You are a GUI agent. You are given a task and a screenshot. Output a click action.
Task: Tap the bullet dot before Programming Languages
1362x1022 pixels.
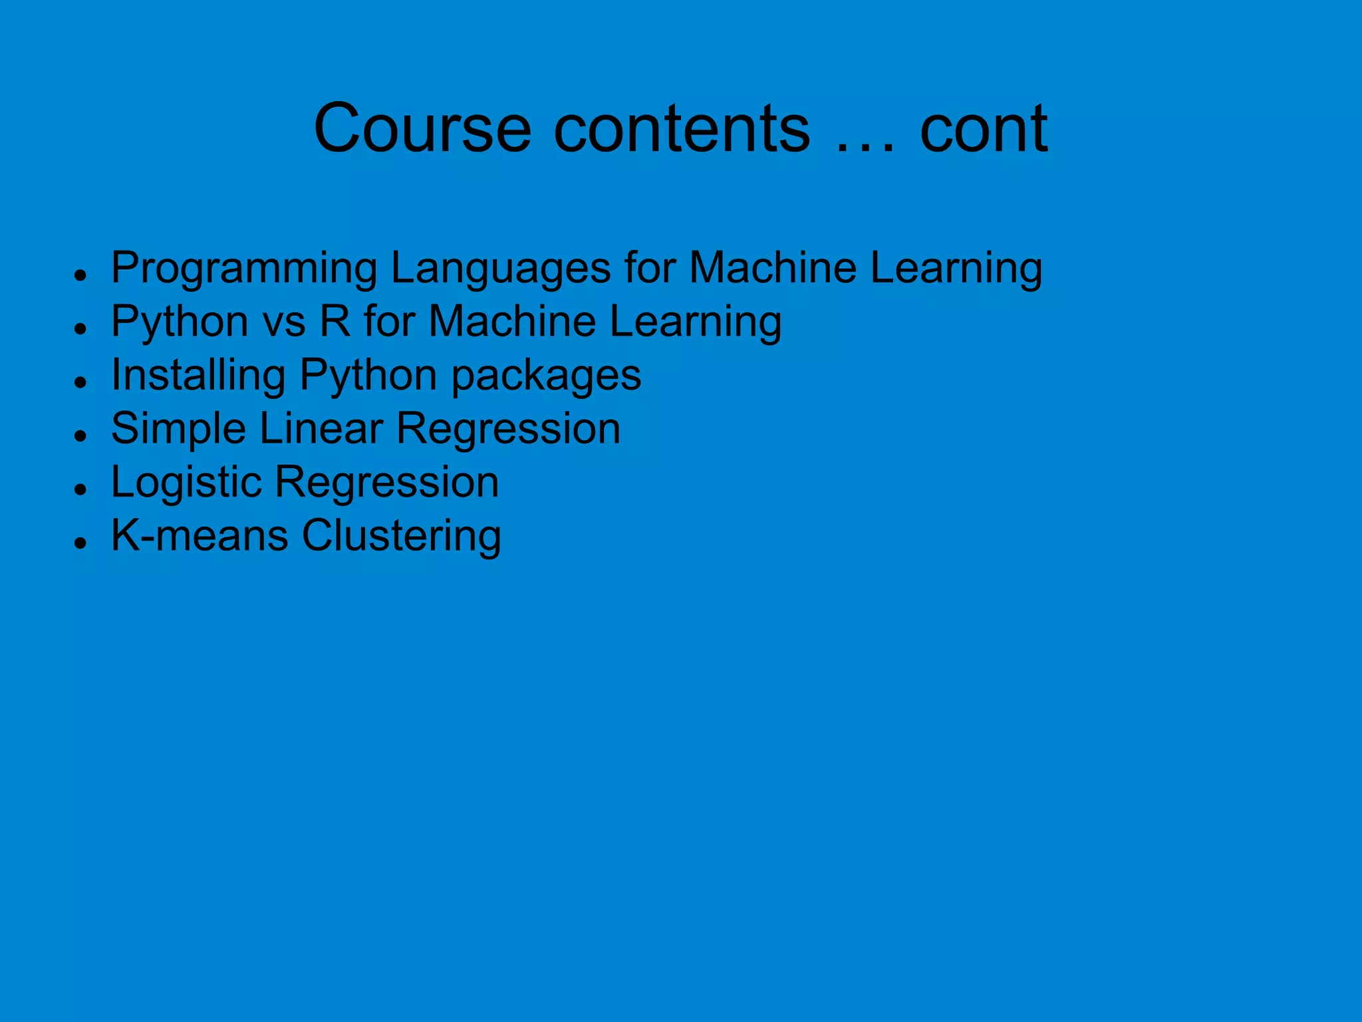click(x=81, y=275)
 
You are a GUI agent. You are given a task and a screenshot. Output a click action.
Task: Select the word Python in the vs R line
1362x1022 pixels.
click(x=180, y=322)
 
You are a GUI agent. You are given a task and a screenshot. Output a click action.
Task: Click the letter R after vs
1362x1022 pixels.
click(x=335, y=321)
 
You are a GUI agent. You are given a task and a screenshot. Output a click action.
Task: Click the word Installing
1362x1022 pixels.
click(x=198, y=376)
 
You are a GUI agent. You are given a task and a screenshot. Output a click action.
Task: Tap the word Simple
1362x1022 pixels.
click(x=178, y=429)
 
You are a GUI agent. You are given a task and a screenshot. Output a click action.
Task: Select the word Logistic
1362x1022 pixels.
click(x=186, y=483)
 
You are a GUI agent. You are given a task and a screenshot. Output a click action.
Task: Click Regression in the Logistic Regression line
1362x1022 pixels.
click(x=386, y=483)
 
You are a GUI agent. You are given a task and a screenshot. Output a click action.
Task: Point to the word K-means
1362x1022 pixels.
click(x=200, y=535)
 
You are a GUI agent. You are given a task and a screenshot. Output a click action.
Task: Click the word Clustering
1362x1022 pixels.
click(x=401, y=537)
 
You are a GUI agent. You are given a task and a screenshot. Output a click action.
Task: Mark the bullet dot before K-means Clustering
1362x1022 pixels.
click(x=81, y=543)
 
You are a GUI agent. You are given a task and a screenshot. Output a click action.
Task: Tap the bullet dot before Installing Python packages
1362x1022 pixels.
click(x=81, y=382)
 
